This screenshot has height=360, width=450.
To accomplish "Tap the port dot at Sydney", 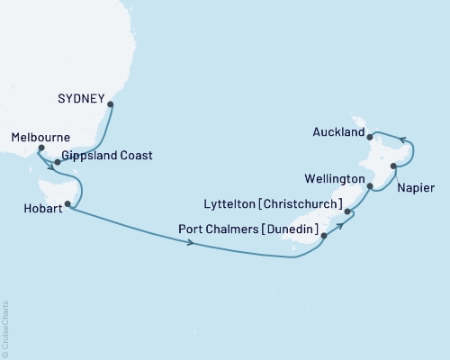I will (x=111, y=104).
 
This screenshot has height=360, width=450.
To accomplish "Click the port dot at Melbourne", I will (x=40, y=149).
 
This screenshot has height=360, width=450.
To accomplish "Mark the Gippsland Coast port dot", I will (x=58, y=162).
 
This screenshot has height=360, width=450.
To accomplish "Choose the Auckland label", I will (x=337, y=132).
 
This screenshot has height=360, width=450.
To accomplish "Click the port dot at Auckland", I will (x=371, y=137).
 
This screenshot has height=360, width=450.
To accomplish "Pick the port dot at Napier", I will (x=393, y=166).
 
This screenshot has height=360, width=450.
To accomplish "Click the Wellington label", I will (x=335, y=180).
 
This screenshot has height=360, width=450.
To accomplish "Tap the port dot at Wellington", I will (x=371, y=186).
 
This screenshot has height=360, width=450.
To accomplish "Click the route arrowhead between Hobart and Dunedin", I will (x=191, y=243).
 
